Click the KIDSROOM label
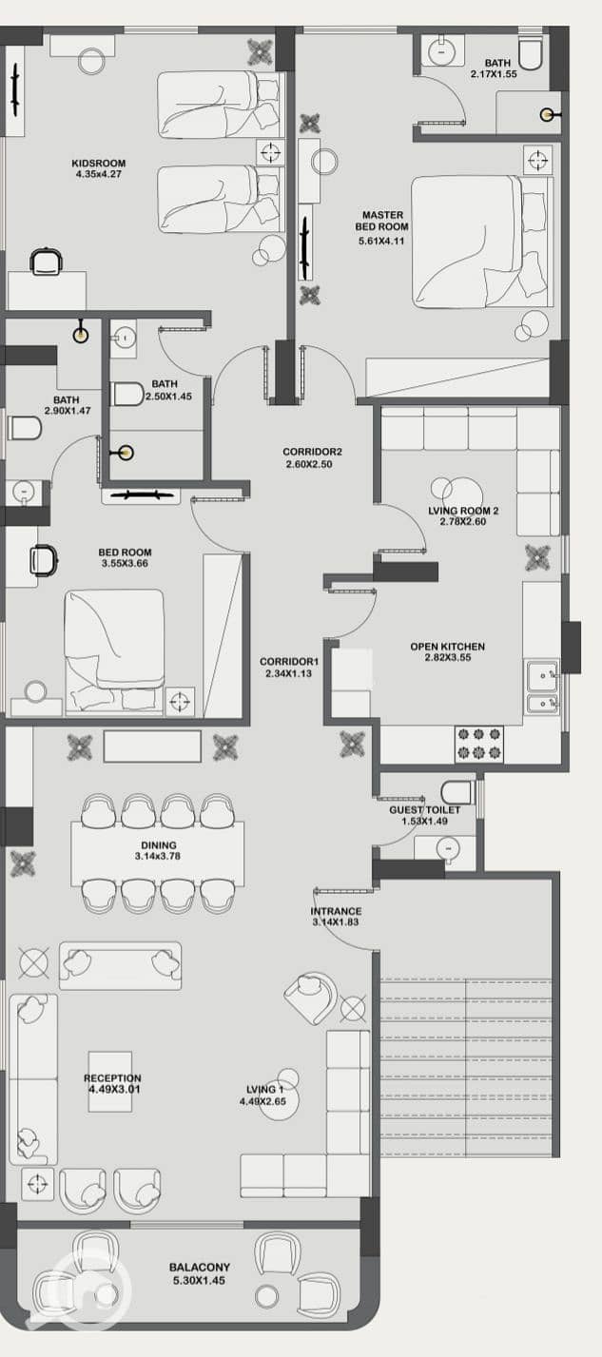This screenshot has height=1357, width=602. coord(99,163)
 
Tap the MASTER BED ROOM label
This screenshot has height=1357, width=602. coord(381,221)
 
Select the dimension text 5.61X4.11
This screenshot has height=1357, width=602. coord(381,241)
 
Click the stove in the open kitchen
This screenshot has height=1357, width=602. coord(479,744)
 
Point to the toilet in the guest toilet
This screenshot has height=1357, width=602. coord(457,792)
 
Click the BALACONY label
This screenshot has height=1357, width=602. coord(200,1267)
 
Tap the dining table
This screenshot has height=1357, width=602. coord(158,854)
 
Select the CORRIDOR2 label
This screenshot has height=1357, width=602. coord(312,452)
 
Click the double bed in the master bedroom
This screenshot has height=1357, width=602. coord(482,242)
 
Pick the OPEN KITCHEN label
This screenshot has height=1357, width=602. coord(448,647)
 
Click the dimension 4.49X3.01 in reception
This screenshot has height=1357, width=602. coord(114,1089)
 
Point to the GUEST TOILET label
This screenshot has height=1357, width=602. coord(424,810)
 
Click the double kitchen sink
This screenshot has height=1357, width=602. coord(543,688)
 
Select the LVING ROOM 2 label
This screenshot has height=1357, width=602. coord(463,511)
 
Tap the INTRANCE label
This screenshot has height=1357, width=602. coord(336,911)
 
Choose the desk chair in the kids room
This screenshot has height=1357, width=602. coord(46,262)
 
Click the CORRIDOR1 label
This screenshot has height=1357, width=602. coord(289,662)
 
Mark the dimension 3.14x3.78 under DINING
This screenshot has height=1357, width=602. coord(158,856)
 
